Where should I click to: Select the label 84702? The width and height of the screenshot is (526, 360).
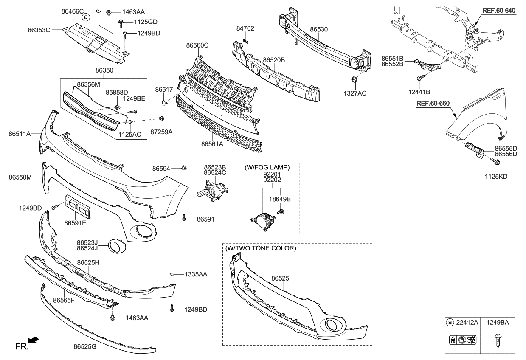(245, 28)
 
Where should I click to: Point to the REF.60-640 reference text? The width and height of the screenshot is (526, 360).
(499, 11)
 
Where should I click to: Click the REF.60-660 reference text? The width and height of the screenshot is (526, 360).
(433, 103)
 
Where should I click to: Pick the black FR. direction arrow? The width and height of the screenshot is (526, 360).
(33, 340)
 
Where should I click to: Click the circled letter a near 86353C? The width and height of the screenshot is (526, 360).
(86, 17)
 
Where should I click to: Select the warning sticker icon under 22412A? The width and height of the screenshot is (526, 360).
(462, 339)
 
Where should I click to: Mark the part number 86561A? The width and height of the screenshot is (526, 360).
(212, 144)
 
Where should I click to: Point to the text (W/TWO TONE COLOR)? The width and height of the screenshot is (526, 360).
(261, 248)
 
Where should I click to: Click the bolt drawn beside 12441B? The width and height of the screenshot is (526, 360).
(421, 78)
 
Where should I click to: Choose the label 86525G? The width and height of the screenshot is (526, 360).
(85, 347)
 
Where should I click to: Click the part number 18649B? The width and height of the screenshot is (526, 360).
(281, 199)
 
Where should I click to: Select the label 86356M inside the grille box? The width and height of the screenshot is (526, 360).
(88, 84)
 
